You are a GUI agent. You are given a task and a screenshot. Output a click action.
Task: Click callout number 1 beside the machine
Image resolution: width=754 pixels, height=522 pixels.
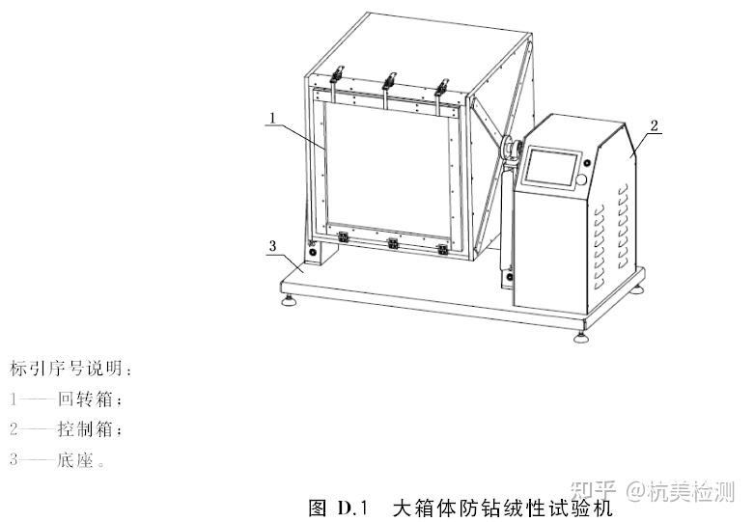click(274, 119)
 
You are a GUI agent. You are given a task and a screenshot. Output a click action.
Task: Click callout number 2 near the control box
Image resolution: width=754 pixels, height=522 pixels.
click(654, 126)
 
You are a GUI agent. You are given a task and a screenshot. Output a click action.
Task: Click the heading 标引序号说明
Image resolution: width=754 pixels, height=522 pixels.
click(68, 368)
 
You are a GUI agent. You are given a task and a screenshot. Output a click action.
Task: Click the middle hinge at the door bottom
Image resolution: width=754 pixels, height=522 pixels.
click(391, 242)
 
